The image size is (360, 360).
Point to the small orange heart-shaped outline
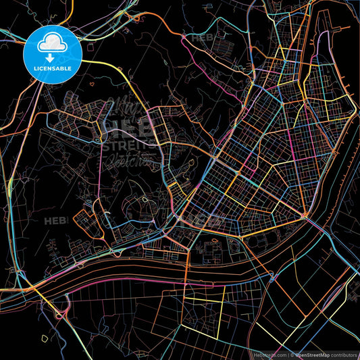tap(91, 85)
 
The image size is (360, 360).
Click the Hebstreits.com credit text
tap(267, 353)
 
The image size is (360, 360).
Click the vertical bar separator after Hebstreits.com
tap(287, 353)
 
